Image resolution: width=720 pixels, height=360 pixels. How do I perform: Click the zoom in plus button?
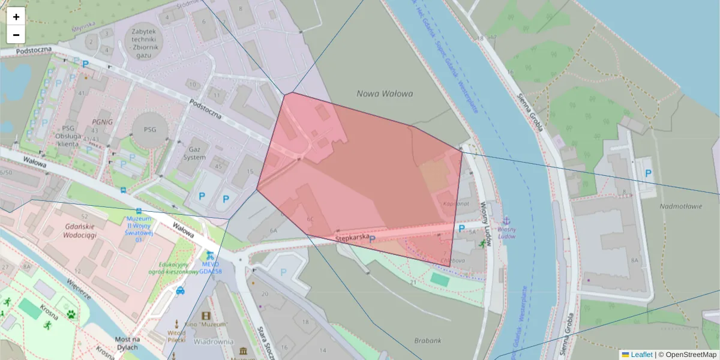16,17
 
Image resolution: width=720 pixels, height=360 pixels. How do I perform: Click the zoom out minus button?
16,35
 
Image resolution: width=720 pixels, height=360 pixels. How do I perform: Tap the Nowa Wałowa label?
385,94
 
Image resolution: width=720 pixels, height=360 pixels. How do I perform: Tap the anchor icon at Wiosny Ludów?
506,220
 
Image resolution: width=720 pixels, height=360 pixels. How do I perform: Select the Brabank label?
427,340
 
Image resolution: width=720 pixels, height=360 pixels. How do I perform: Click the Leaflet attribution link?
641,355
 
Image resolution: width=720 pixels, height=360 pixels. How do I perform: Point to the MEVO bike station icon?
209,255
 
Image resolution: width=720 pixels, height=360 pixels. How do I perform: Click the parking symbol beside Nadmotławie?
648,173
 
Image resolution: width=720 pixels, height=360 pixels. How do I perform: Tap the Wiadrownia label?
214,341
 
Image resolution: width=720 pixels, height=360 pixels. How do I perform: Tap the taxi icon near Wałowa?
181,292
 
